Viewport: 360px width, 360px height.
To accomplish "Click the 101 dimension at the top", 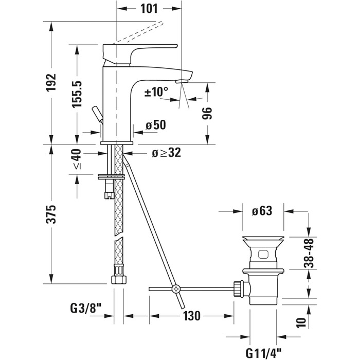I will click(149, 9).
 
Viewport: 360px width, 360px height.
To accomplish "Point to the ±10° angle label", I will click(156, 92).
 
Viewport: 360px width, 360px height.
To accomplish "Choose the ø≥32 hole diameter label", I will click(167, 153).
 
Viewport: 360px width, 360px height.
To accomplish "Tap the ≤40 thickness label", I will click(77, 159).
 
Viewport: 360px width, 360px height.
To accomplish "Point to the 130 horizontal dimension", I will click(191, 316).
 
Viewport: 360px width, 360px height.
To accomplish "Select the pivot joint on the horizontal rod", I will click(176, 289).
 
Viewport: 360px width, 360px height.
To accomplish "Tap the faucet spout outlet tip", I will click(181, 81).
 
